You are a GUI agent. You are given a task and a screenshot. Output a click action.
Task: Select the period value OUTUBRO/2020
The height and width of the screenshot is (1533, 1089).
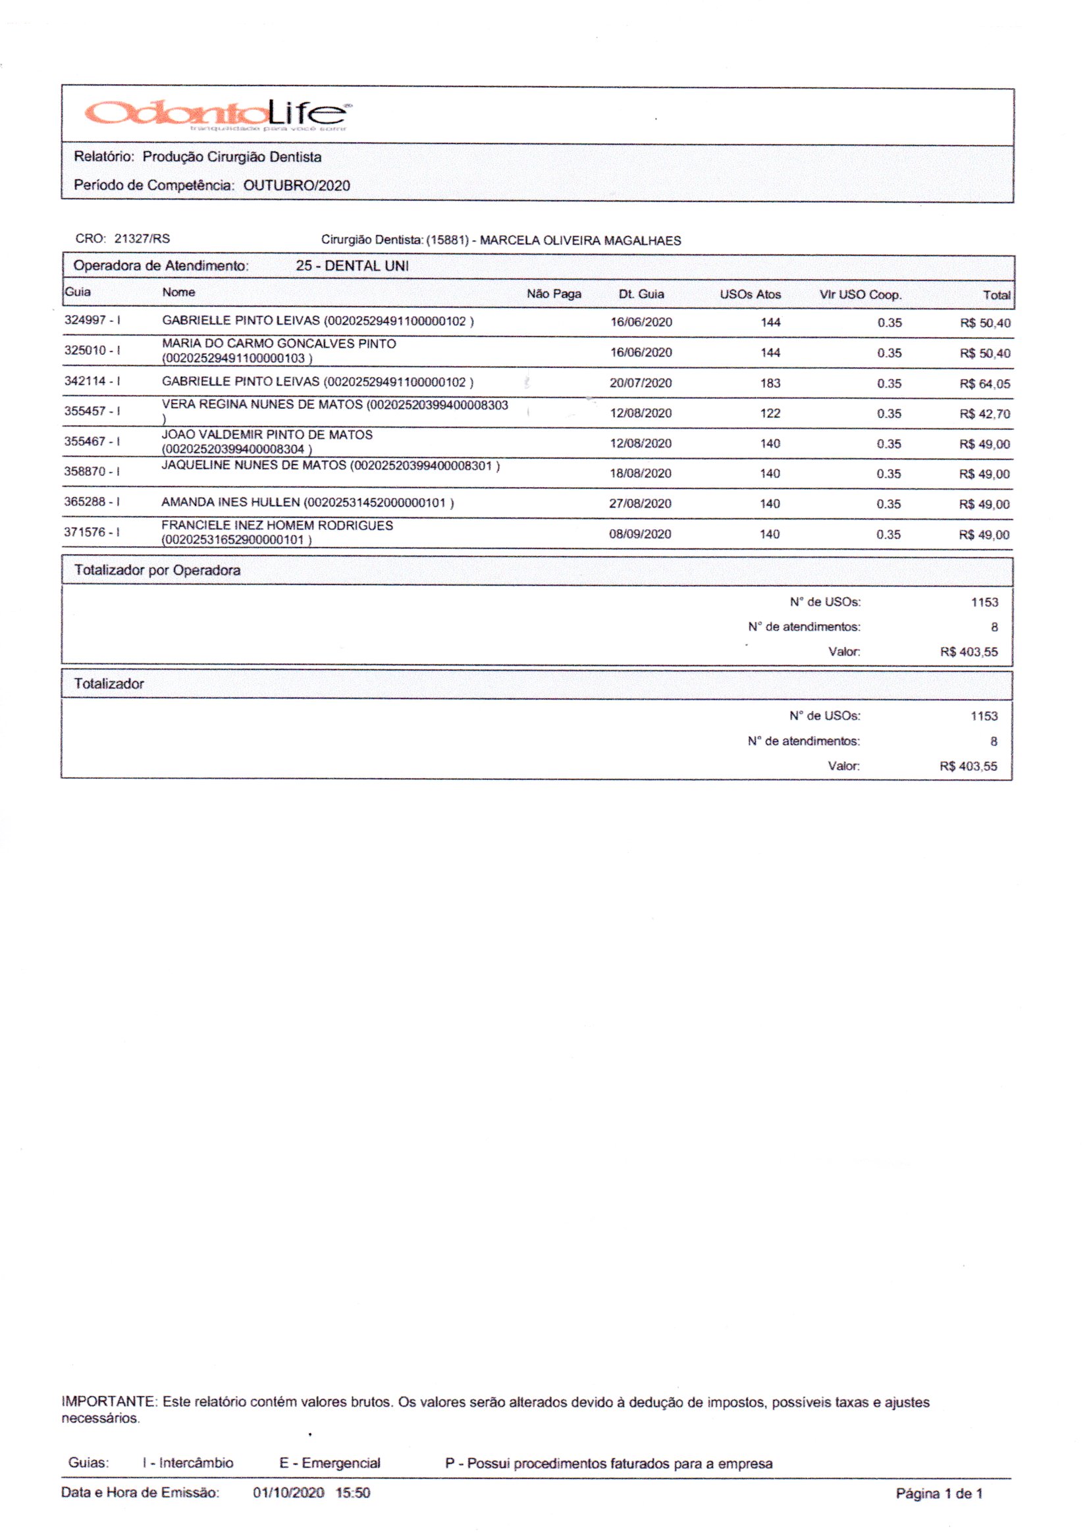[296, 186]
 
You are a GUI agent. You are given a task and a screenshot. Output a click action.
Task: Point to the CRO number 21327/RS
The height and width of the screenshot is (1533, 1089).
[142, 239]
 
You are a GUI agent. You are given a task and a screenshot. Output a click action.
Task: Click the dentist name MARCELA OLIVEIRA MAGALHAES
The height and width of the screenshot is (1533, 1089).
[580, 241]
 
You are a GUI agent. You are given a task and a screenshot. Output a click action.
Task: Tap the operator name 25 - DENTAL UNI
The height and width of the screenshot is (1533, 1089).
[352, 266]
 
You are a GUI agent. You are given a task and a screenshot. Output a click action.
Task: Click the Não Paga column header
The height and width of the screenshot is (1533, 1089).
[553, 294]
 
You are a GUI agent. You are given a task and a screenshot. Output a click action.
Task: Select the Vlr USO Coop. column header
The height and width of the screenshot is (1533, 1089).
[860, 295]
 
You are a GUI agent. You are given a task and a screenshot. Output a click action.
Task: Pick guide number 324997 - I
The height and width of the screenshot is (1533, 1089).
[92, 321]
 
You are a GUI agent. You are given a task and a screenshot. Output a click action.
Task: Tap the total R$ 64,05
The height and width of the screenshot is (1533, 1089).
[984, 384]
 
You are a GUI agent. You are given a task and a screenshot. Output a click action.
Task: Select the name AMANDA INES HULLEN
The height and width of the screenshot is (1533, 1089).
[230, 503]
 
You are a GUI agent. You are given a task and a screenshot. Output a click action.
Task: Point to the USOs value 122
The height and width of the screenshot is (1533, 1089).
[770, 413]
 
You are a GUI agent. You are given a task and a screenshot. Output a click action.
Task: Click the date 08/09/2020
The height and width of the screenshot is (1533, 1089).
[640, 534]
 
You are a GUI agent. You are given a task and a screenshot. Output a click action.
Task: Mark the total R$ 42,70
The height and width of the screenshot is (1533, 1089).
[984, 414]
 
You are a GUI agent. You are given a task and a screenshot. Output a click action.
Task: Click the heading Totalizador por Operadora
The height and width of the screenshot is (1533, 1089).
[157, 571]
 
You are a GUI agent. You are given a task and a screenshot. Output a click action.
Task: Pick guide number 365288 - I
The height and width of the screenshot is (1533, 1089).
[92, 502]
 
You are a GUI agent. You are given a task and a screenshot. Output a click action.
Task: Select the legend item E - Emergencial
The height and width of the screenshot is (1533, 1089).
[329, 1463]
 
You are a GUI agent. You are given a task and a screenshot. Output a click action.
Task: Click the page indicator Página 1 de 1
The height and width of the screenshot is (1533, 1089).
[939, 1494]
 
